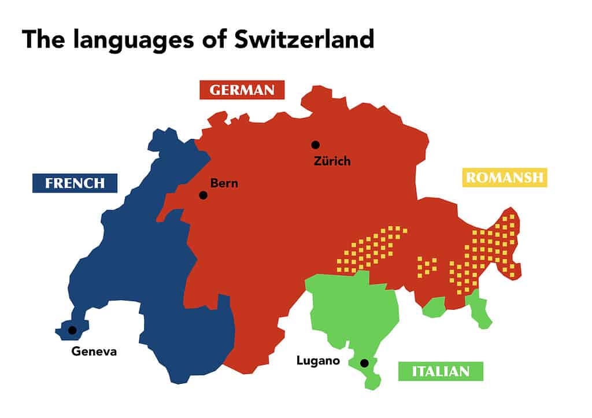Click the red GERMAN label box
click(242, 90)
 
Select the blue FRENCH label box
click(75, 183)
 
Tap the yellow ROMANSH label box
click(505, 177)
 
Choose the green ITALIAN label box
click(441, 371)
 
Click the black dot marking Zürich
click(315, 145)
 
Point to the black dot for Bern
click(203, 195)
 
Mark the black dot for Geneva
click(72, 330)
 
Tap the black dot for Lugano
click(364, 363)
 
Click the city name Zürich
click(332, 161)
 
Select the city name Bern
click(224, 183)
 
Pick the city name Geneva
click(94, 351)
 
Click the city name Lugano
click(317, 360)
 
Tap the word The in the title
click(43, 39)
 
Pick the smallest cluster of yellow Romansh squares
click(427, 266)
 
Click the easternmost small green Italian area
click(478, 309)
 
